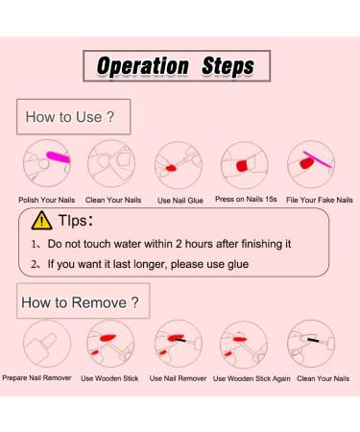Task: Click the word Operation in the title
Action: [x=143, y=66]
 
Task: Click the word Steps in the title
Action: [x=228, y=66]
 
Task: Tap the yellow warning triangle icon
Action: [x=42, y=221]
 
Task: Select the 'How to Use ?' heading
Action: [x=70, y=117]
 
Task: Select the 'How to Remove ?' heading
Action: [x=80, y=302]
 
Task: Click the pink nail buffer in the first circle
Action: [x=58, y=157]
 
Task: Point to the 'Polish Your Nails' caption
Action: [x=47, y=200]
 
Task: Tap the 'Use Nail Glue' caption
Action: [x=180, y=201]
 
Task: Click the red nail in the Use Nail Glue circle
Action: [x=171, y=168]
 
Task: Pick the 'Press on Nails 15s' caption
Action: [x=246, y=199]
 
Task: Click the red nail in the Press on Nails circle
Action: [x=243, y=166]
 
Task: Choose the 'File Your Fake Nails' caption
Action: [x=320, y=200]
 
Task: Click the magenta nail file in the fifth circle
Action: [x=318, y=159]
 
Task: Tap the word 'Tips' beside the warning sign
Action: [x=72, y=221]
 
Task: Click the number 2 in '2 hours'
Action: [x=179, y=244]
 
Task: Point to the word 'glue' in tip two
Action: [x=238, y=265]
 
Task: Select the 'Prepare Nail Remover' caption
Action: [x=36, y=378]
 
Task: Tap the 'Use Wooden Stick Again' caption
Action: [x=252, y=378]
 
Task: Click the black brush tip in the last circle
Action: [x=313, y=340]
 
